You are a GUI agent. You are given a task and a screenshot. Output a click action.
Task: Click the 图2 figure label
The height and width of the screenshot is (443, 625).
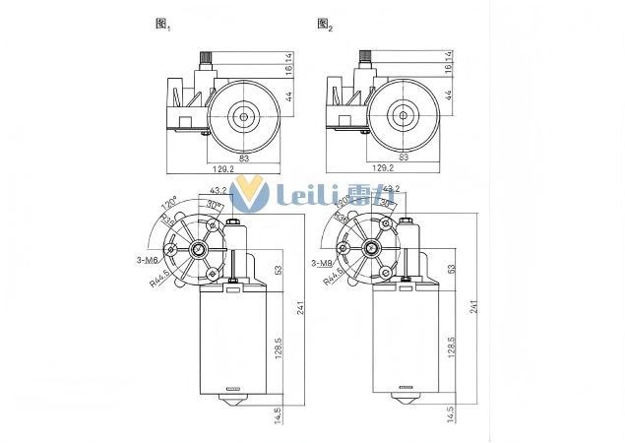(x=325, y=24)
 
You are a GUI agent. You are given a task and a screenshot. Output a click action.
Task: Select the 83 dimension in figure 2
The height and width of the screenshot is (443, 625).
(x=403, y=157)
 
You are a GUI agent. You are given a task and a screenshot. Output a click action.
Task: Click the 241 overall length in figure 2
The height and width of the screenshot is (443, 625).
(x=475, y=306)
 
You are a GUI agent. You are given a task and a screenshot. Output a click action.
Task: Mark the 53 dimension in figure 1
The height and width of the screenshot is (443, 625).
(x=279, y=269)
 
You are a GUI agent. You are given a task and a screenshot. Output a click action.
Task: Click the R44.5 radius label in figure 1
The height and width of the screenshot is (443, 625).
(x=160, y=281)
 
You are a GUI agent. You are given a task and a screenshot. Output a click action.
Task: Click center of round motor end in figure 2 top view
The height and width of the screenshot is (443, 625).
(x=402, y=115)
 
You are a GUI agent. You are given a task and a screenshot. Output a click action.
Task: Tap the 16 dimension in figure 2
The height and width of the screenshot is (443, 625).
(x=449, y=69)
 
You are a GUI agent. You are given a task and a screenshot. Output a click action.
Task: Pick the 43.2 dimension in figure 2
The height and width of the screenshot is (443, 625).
(x=390, y=189)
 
